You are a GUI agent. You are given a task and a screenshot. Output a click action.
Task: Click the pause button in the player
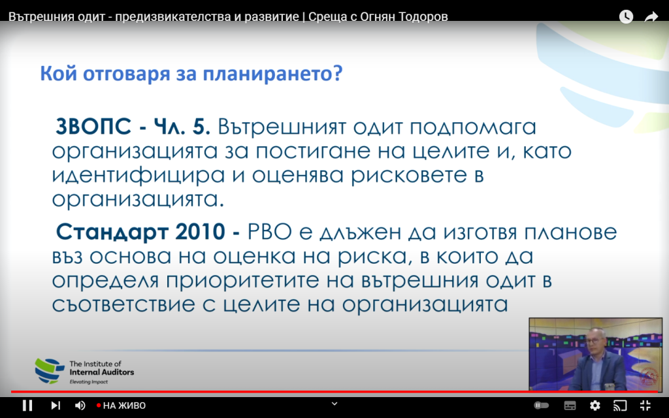(27, 405)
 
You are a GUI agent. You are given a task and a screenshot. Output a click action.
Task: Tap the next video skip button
(56, 405)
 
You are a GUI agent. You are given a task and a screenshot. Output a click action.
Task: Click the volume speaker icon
(80, 405)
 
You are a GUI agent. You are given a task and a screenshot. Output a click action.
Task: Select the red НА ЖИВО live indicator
(121, 405)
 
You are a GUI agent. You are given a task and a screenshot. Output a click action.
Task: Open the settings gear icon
(595, 405)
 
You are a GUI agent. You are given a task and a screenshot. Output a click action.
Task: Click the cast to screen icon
(620, 405)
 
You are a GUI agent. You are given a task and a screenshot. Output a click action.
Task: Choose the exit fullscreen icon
(645, 405)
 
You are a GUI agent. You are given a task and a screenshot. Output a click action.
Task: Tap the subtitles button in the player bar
(570, 405)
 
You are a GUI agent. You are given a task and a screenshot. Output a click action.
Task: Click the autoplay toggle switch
(542, 405)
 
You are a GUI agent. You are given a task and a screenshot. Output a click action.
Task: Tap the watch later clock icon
(626, 16)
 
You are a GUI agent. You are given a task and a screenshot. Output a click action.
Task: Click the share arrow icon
(651, 16)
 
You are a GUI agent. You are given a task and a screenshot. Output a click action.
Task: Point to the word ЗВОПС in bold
(93, 127)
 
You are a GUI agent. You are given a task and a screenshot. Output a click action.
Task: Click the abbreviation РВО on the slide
(270, 232)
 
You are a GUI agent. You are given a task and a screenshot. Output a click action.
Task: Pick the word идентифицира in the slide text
(139, 176)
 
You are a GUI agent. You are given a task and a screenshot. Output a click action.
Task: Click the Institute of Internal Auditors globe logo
(50, 371)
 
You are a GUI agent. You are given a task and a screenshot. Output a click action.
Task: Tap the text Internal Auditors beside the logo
(101, 372)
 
